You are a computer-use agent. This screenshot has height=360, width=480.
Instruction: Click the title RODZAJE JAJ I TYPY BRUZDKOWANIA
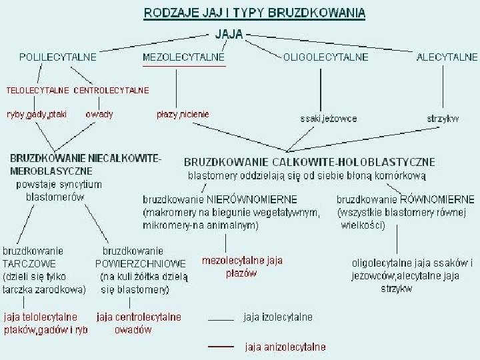coord(255,13)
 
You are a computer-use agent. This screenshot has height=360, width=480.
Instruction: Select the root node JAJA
coord(228,33)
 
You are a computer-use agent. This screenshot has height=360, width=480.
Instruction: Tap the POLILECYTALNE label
coord(58,57)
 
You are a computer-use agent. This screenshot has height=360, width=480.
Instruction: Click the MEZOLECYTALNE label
coord(184,57)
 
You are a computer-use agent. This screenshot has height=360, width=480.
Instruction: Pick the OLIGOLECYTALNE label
coord(326,57)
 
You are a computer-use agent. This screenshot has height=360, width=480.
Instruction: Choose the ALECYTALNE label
coord(447,57)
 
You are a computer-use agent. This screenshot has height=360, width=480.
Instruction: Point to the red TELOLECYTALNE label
coord(37,89)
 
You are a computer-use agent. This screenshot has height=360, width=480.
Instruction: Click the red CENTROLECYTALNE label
coord(111,89)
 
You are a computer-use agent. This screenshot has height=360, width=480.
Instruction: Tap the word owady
coord(99,114)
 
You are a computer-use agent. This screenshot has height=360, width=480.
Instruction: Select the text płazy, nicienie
coord(183,114)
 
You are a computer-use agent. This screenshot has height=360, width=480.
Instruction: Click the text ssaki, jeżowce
coord(329,119)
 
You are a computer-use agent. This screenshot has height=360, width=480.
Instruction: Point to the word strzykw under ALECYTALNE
coord(443,119)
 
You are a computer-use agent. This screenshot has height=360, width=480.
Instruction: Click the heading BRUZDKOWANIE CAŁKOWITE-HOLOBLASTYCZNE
coord(309,162)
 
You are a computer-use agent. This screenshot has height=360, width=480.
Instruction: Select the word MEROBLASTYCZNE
coord(51,171)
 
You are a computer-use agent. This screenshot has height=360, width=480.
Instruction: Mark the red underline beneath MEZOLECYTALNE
coord(184,67)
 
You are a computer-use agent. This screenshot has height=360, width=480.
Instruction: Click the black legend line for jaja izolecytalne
coord(221,321)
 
